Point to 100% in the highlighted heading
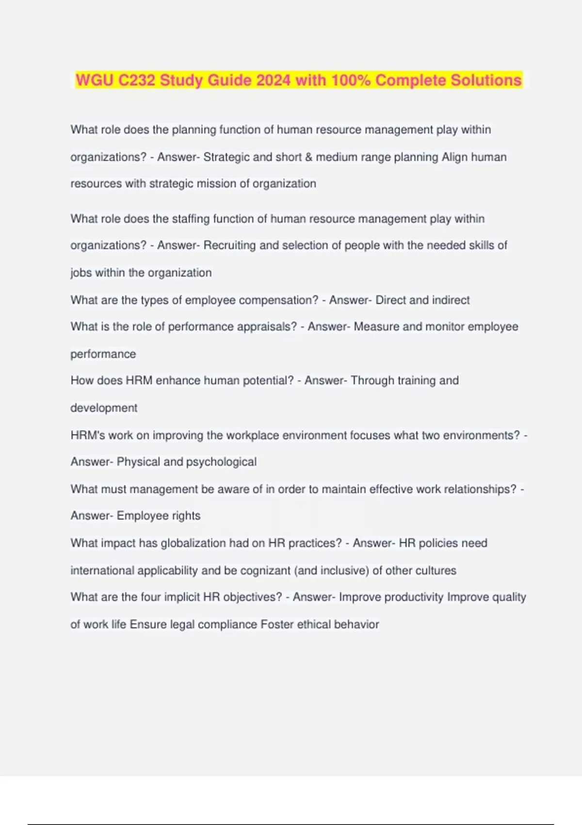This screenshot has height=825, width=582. (351, 80)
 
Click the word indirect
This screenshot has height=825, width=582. (451, 300)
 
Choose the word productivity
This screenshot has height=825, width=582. (414, 597)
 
